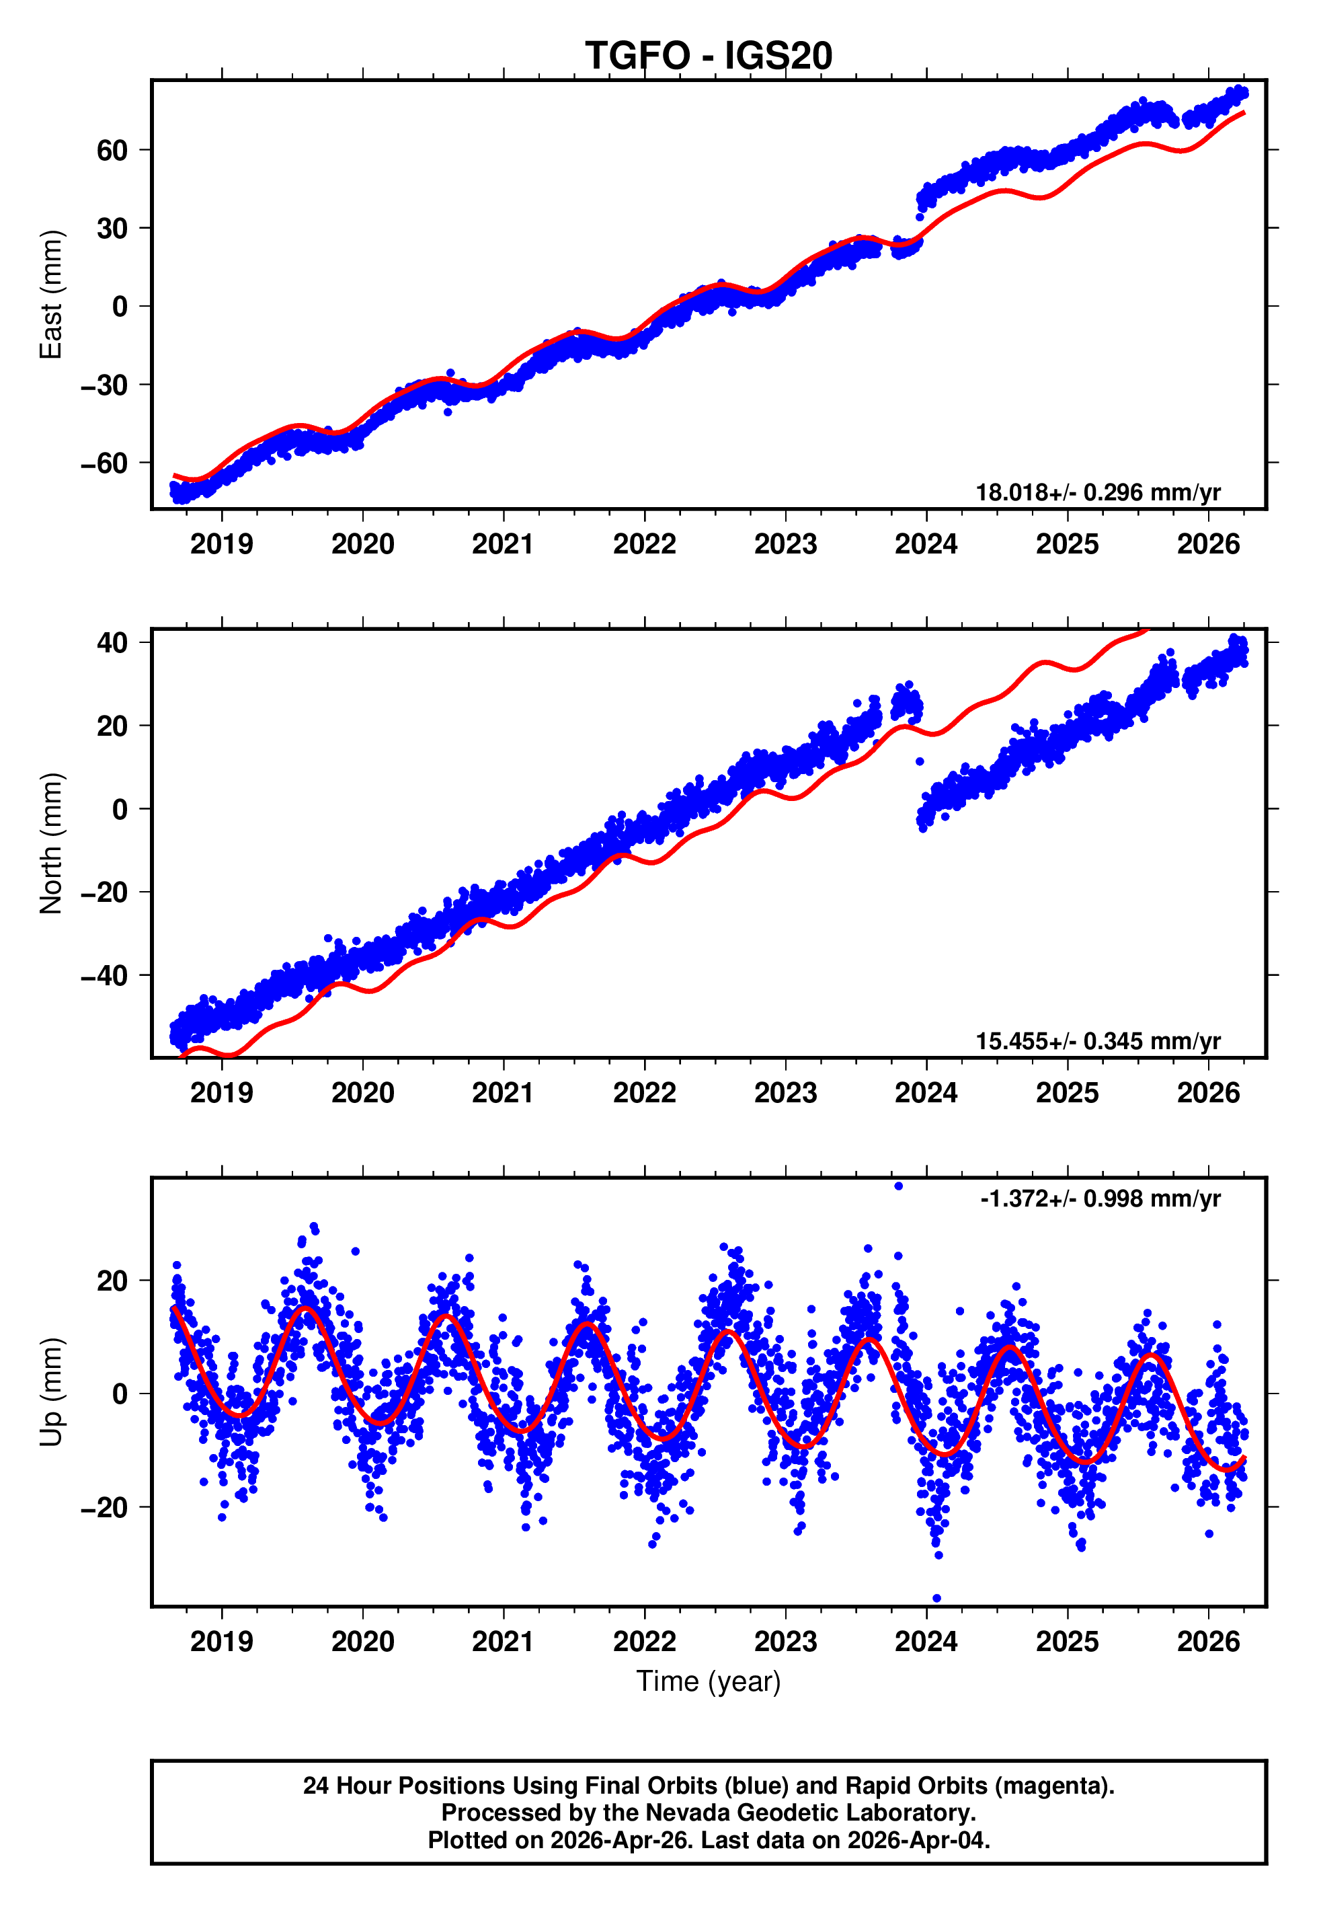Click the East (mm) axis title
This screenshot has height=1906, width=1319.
coord(51,295)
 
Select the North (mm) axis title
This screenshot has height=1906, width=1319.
coord(51,843)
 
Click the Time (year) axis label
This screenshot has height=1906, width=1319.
coord(709,1682)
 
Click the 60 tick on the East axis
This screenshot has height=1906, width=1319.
coord(112,151)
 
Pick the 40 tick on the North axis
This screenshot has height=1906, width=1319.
coord(112,643)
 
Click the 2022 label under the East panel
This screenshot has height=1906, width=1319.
coord(645,545)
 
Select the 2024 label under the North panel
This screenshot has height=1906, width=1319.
coord(926,1094)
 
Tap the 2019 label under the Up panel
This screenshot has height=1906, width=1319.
coord(221,1642)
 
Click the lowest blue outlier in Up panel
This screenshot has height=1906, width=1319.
coord(936,1599)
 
